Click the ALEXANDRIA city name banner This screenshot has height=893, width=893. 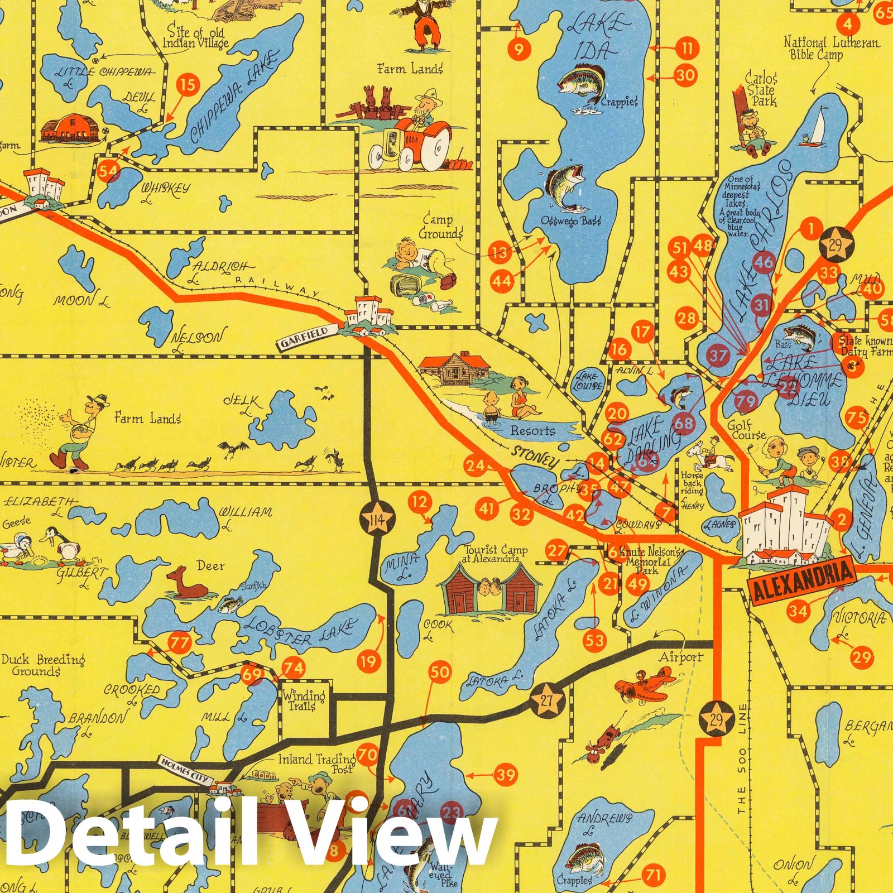pyautogui.click(x=802, y=583)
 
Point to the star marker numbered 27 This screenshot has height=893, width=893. pyautogui.click(x=547, y=702)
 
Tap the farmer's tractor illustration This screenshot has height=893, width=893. pyautogui.click(x=410, y=144)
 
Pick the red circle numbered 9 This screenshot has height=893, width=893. pyautogui.click(x=519, y=50)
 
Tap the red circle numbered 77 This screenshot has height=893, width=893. pyautogui.click(x=180, y=643)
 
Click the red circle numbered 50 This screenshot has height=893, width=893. pyautogui.click(x=440, y=672)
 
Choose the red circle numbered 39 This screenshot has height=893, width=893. pyautogui.click(x=506, y=775)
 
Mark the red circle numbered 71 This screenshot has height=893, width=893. pyautogui.click(x=654, y=875)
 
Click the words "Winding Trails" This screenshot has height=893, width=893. pyautogui.click(x=303, y=700)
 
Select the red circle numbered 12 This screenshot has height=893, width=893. pyautogui.click(x=420, y=502)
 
